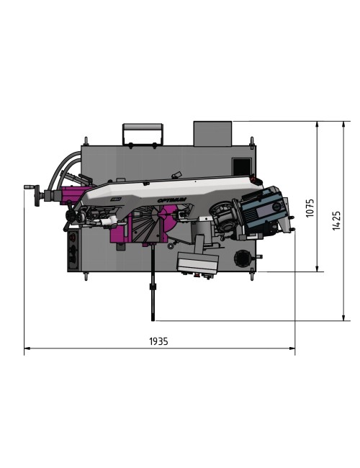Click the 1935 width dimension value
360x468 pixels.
click(x=158, y=341)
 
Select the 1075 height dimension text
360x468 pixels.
click(x=310, y=208)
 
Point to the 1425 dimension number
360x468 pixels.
click(x=336, y=220)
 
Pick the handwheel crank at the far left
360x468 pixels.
click(x=31, y=189)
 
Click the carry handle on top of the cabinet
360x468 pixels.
click(x=142, y=132)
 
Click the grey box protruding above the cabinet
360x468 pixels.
click(x=212, y=133)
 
